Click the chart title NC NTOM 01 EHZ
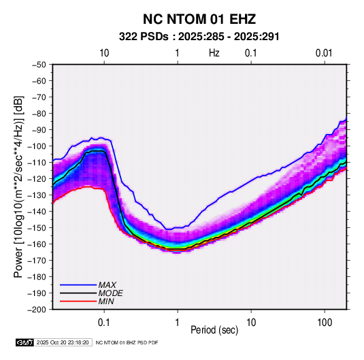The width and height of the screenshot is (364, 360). tap(199, 19)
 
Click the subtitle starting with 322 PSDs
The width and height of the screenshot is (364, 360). tap(199, 37)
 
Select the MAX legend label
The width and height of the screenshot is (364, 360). tap(107, 285)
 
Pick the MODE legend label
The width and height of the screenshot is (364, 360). tap(110, 293)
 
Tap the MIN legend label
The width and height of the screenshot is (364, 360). tap(106, 301)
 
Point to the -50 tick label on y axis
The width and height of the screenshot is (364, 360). tap(39, 65)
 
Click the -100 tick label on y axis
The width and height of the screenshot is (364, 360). tap(37, 146)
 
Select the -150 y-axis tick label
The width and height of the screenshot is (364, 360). tap(37, 228)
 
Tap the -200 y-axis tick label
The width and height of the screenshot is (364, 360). tap(37, 310)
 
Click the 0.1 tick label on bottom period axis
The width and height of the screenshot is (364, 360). tap(104, 323)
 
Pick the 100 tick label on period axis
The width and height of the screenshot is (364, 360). tap(325, 323)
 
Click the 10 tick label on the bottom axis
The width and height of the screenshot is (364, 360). tap(251, 323)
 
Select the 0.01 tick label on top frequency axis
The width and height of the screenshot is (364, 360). tap(324, 53)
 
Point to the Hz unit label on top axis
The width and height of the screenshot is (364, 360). tap(214, 53)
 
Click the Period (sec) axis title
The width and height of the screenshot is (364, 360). tap(214, 330)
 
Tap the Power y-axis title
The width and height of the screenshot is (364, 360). tap(18, 186)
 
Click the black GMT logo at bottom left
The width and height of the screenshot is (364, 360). tap(24, 342)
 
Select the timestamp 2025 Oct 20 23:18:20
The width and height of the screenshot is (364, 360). tap(63, 342)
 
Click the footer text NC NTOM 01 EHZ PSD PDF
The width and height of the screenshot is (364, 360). tap(127, 342)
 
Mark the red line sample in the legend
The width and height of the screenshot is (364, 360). tap(78, 301)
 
